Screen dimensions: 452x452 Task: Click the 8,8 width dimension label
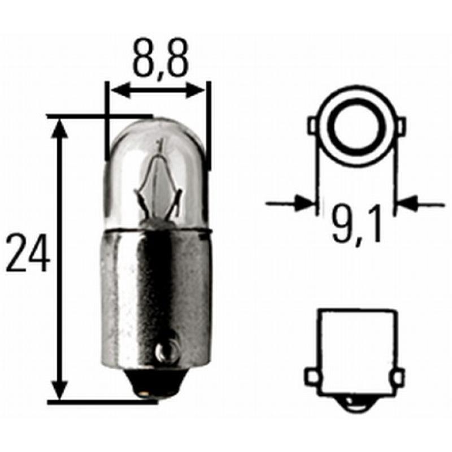point(160,59)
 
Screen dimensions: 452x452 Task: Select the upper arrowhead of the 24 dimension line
point(59,130)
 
